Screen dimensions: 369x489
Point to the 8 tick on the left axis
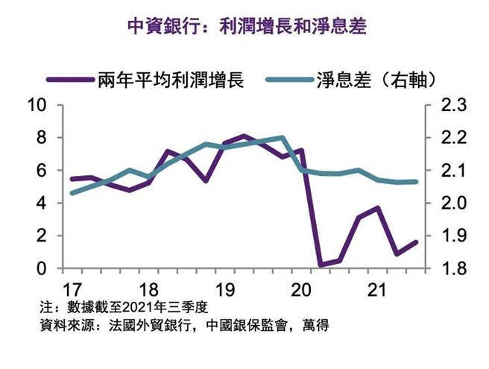(42, 138)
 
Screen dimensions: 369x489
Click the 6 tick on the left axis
(42, 170)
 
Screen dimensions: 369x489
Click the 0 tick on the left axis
(42, 268)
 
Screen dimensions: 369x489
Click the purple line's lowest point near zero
(321, 265)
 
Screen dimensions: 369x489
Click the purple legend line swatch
(69, 78)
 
